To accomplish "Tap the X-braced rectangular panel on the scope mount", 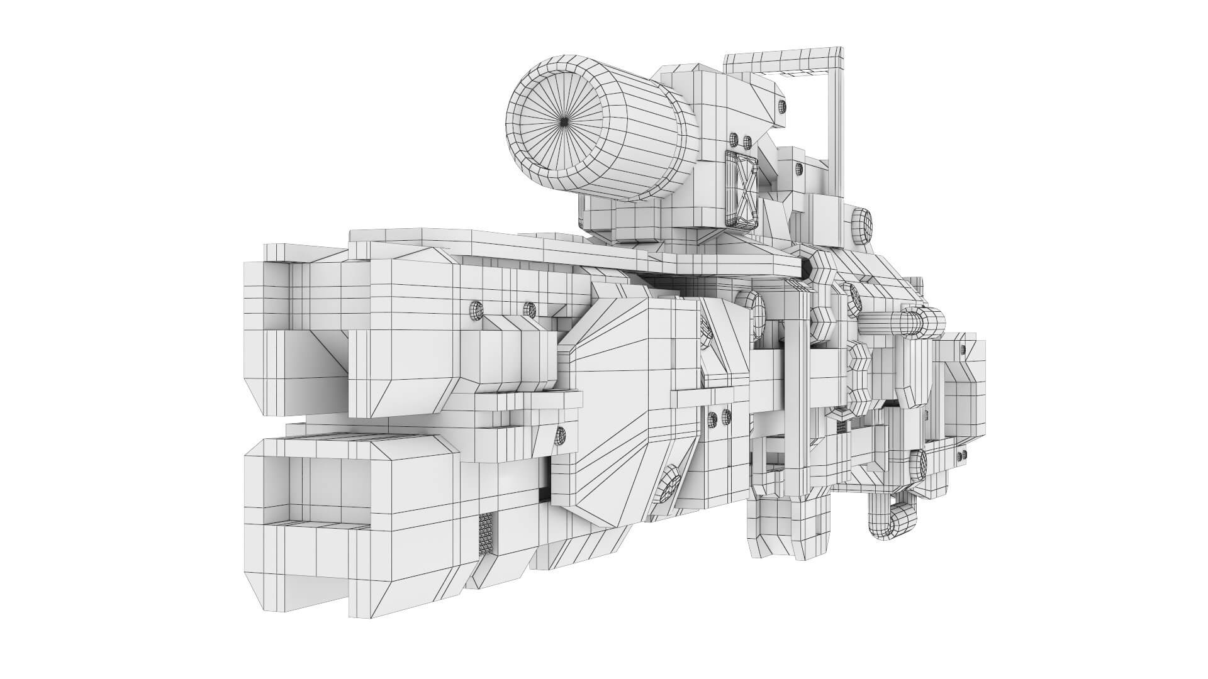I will [x=742, y=190].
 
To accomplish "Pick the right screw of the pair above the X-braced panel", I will [x=747, y=140].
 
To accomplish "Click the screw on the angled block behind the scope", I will [x=781, y=105].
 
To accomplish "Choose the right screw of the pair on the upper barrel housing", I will [x=530, y=309].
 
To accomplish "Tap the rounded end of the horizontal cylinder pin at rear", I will [x=933, y=322].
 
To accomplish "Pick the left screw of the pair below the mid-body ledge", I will [x=713, y=416].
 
